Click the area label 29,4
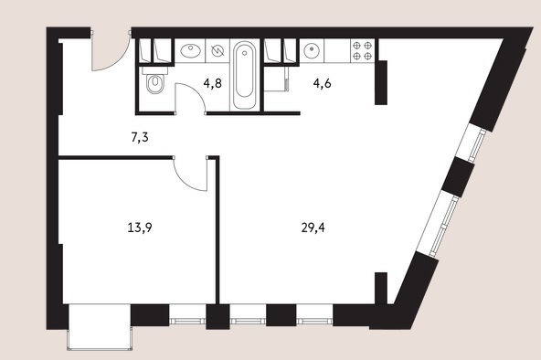point(313,228)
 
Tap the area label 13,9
point(140,228)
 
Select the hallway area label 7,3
point(140,137)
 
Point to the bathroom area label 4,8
point(212,83)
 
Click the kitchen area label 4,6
point(323,83)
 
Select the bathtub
point(245,75)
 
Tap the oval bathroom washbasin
point(190,51)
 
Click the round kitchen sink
point(312,50)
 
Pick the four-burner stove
point(362,50)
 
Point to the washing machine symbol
point(217,50)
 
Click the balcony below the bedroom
point(100,327)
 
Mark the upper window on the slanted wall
point(472,143)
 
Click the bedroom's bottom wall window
point(187,315)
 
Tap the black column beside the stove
point(381,82)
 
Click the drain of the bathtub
point(245,53)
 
